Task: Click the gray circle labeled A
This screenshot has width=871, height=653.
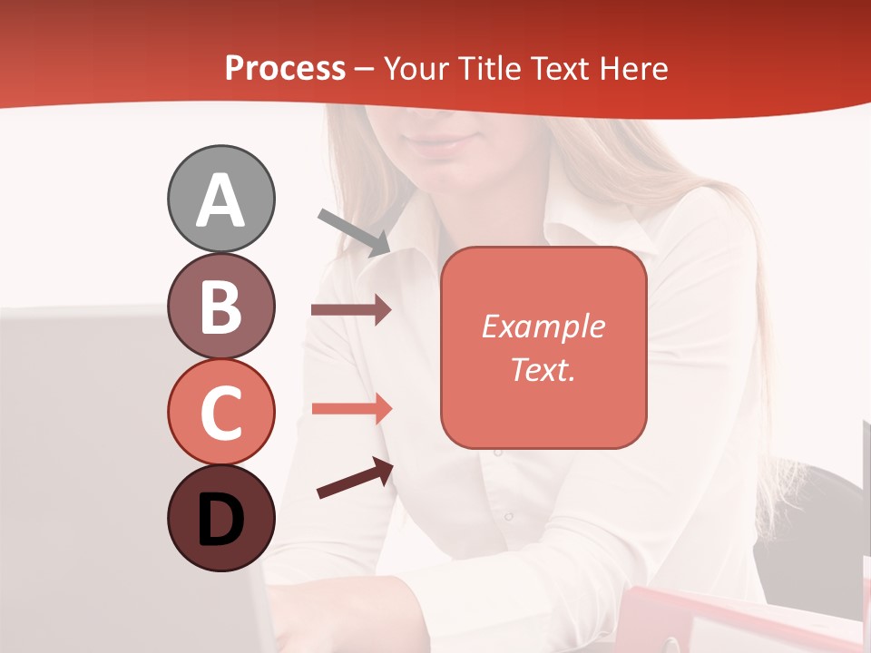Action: (x=220, y=199)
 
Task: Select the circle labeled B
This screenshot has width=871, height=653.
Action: (x=220, y=306)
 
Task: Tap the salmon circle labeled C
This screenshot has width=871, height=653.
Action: (x=220, y=412)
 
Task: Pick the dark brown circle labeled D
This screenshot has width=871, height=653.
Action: (x=220, y=518)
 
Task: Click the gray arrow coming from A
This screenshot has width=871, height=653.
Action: (x=355, y=232)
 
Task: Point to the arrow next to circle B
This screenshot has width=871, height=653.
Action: (x=351, y=310)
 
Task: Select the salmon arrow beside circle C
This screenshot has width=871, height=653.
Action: (x=351, y=408)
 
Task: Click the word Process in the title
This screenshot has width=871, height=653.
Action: (x=285, y=68)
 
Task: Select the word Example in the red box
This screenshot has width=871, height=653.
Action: (x=543, y=326)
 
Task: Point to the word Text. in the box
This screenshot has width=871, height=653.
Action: (x=543, y=369)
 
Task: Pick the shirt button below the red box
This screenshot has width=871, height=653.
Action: (x=509, y=516)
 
